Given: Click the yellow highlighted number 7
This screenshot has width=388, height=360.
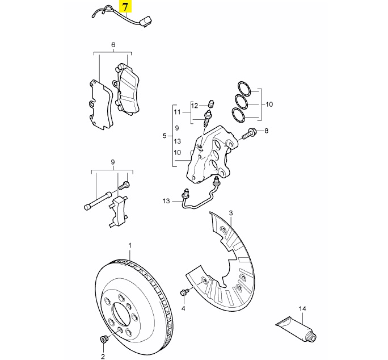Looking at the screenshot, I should tap(125, 7).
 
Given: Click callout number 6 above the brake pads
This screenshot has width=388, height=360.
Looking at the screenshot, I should tap(113, 45).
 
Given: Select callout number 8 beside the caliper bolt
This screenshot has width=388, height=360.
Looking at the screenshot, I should tap(267, 131).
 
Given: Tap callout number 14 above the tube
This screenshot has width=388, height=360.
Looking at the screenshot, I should tap(302, 309).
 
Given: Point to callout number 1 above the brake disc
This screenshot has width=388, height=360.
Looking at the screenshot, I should tap(129, 246).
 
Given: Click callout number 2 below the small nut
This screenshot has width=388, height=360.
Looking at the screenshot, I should tap(103, 356).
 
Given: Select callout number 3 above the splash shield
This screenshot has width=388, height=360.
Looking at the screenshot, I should tap(231, 213).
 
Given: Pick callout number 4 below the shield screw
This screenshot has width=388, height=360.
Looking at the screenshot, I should tap(184, 308).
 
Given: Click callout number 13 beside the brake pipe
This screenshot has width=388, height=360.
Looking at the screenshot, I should tap(166, 201).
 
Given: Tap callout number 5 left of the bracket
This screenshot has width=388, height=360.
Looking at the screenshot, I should tap(165, 136).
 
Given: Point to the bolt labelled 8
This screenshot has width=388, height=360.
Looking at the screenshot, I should tap(250, 135).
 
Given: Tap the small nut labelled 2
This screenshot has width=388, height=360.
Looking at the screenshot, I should tap(103, 340).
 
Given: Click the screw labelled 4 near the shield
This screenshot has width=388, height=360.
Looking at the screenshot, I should tap(184, 292).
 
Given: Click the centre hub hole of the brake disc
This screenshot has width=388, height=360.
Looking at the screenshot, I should tap(121, 313).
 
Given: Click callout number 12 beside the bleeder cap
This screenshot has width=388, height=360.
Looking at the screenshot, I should tap(195, 106).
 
